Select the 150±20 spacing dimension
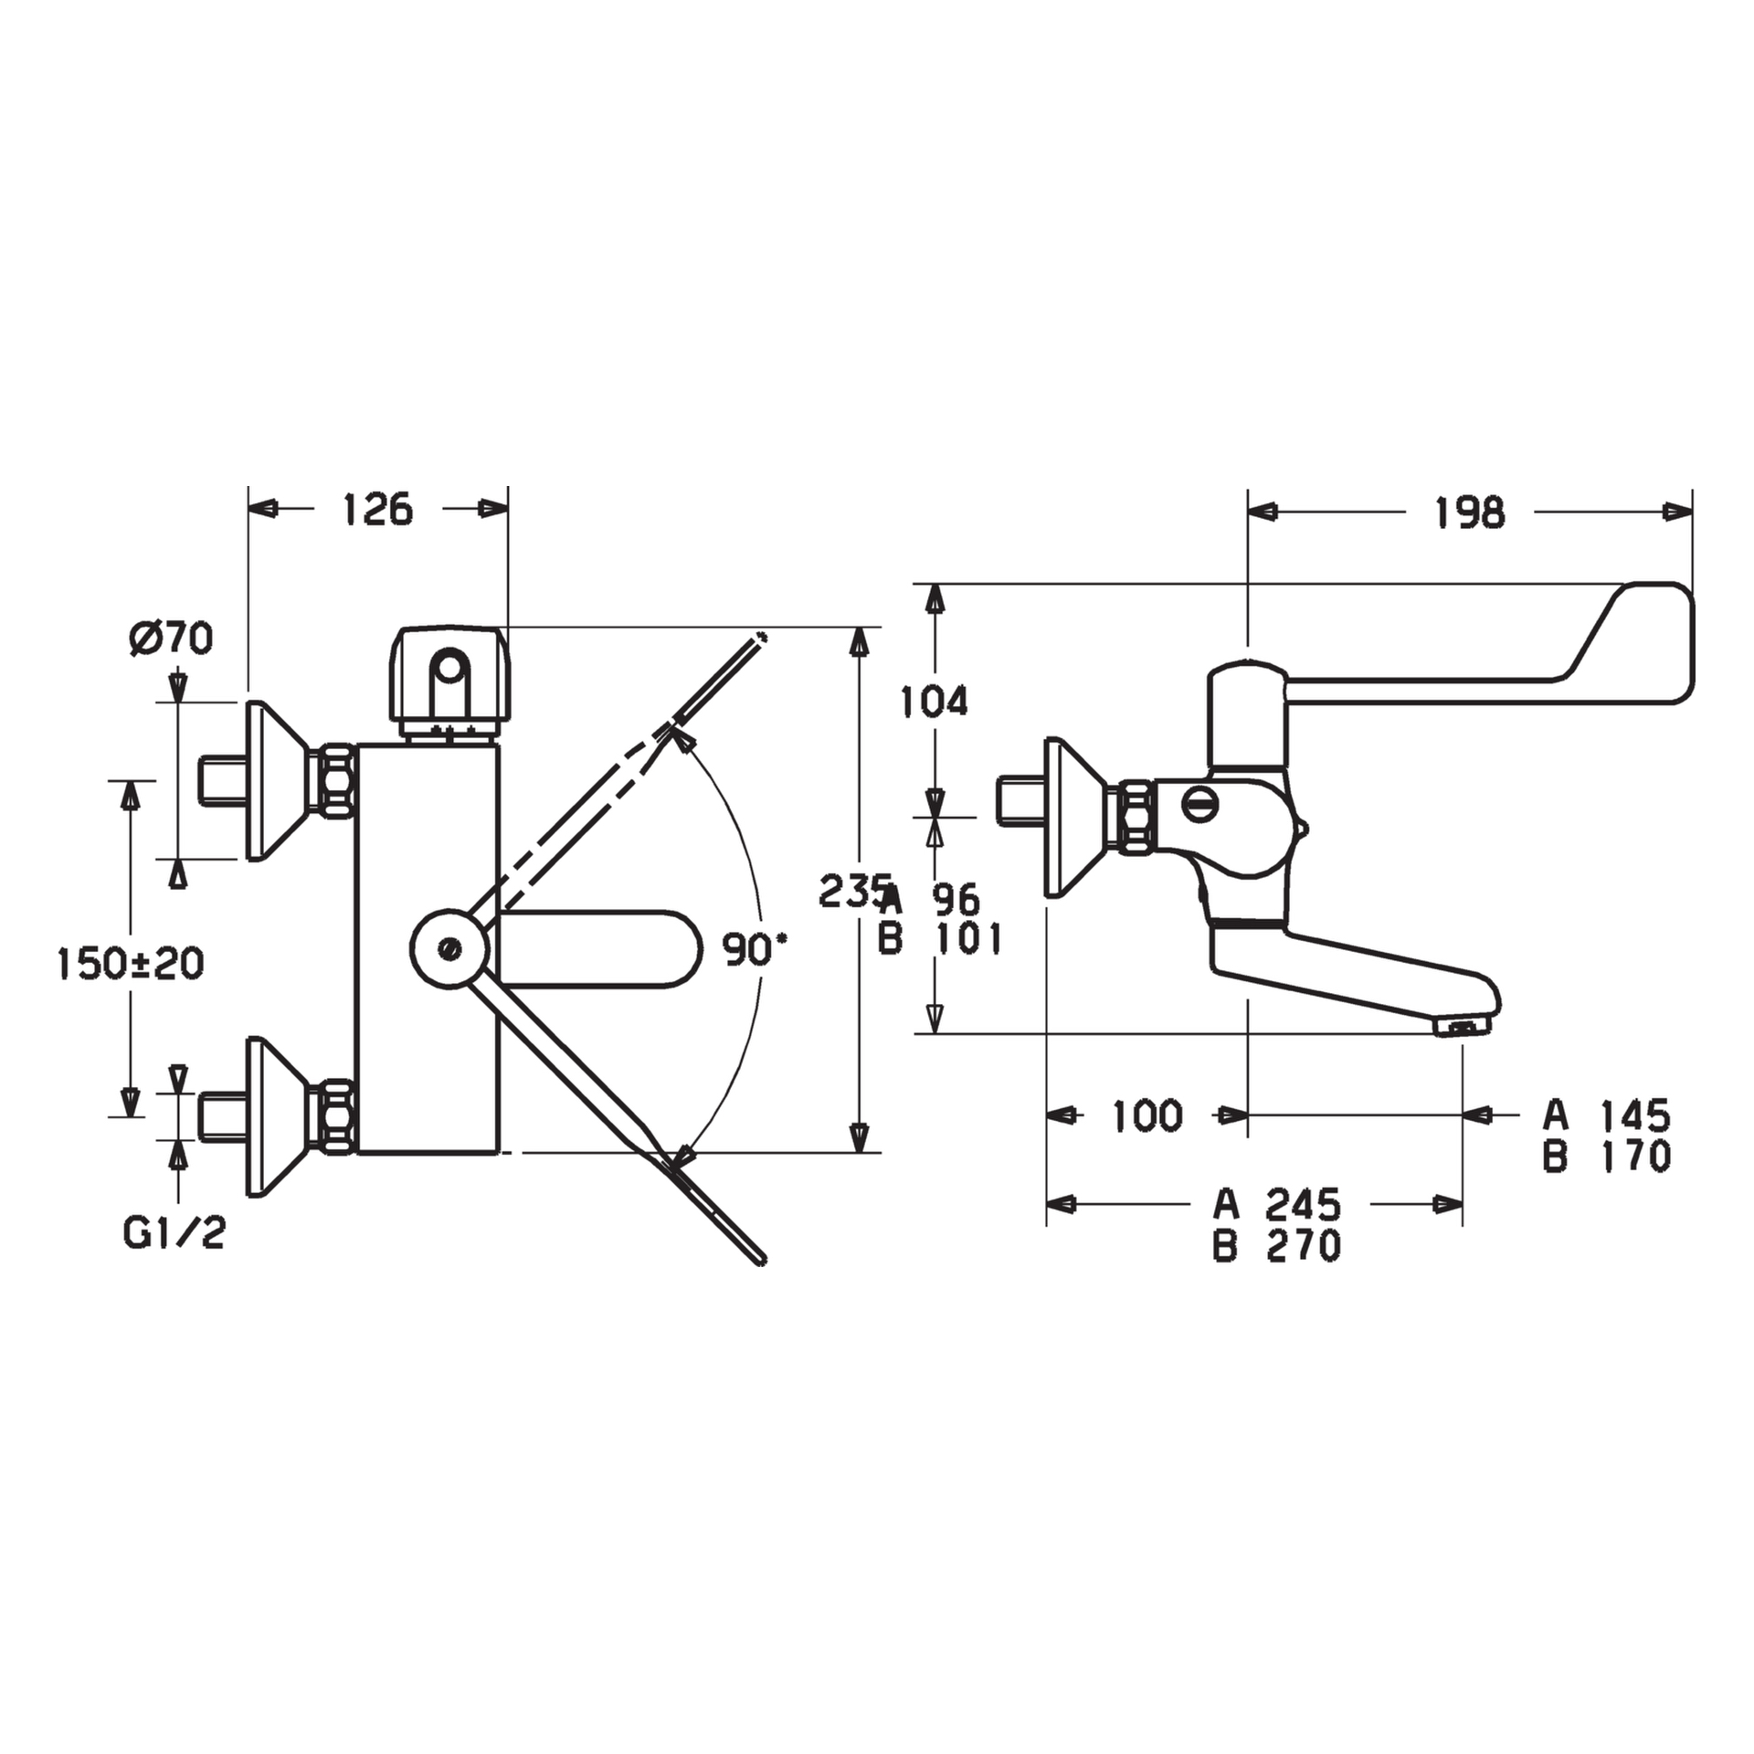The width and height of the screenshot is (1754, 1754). pos(130,963)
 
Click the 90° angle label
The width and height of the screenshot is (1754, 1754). pos(755,949)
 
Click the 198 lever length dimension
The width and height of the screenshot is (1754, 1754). pos(1469,513)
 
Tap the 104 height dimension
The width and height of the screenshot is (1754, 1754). pos(934,702)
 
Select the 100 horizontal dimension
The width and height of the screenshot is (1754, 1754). pos(1146,1115)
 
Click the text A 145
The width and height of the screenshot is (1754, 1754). pos(1607,1115)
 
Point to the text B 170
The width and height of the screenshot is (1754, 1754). pos(1607,1157)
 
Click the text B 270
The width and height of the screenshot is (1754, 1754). pos(1277,1246)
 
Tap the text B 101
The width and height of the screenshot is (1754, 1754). pos(940,939)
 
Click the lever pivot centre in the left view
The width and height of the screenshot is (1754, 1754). pos(449,947)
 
